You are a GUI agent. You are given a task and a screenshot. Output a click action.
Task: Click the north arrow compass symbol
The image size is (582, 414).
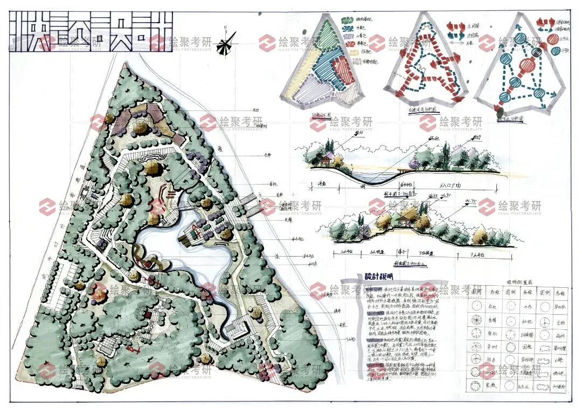(227, 43)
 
